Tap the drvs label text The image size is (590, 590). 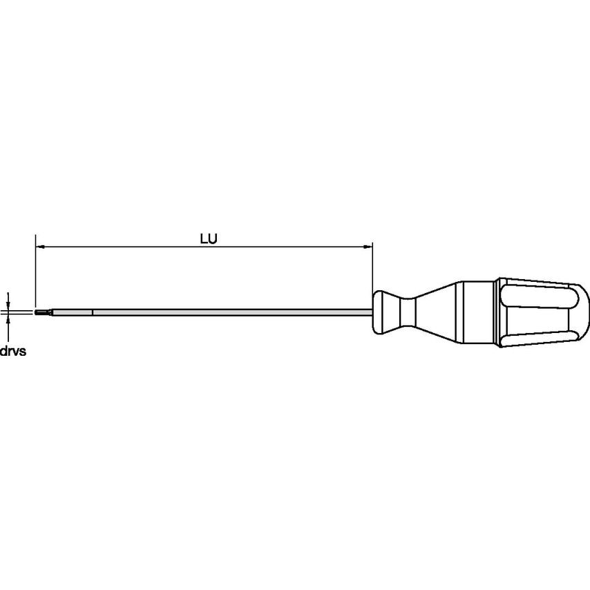point(12,351)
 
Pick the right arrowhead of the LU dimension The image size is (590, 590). point(368,246)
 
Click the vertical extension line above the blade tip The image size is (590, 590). point(35,269)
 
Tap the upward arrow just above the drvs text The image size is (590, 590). point(8,323)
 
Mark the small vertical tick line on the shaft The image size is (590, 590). point(92,313)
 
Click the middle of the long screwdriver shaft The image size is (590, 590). point(228,313)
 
